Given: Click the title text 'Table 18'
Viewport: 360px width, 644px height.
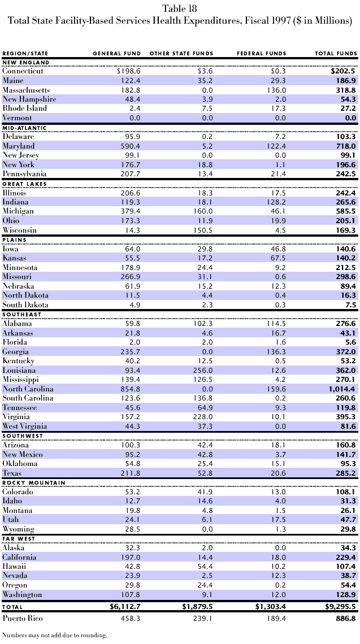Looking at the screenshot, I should pos(180,8).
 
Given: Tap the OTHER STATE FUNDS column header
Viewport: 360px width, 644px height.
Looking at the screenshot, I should pos(181,54).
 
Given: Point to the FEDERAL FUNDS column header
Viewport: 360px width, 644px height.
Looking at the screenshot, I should pos(261,54).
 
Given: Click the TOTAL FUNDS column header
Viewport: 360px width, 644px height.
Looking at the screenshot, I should pos(336,54).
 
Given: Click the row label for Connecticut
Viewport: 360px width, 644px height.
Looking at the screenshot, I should pos(23,71).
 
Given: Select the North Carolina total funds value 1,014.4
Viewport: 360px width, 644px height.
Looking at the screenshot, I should pos(340,389).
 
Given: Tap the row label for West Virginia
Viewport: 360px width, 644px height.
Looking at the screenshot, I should pos(25,427).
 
